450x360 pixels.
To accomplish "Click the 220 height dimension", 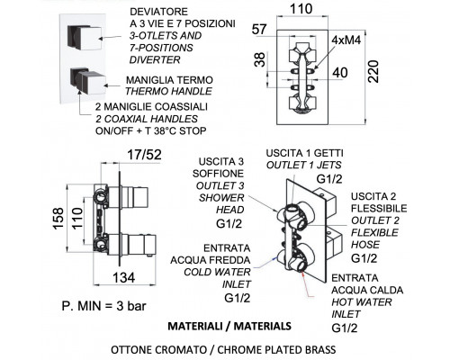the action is click(x=373, y=72).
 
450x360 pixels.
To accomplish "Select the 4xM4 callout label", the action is click(x=346, y=40).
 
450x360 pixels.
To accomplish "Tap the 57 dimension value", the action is click(x=259, y=30).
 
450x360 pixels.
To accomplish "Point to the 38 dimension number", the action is click(x=260, y=59).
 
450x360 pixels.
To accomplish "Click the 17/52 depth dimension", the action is click(x=144, y=155).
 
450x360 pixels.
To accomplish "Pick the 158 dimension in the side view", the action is click(x=58, y=219).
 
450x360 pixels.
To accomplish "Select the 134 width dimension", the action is click(x=124, y=277).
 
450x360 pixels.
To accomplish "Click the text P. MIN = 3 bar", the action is click(x=103, y=306).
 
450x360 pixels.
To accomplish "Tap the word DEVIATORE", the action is click(x=158, y=12).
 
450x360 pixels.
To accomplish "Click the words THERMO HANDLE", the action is click(x=168, y=91).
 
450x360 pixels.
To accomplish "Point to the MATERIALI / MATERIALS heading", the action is click(x=229, y=326).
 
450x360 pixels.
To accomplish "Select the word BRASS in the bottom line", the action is click(x=319, y=350).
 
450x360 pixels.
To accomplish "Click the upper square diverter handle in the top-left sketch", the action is click(x=85, y=38).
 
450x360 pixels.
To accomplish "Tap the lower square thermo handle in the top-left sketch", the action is click(x=88, y=80).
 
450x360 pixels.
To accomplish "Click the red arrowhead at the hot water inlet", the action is click(x=302, y=273).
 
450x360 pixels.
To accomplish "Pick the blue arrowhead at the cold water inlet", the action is click(x=274, y=257).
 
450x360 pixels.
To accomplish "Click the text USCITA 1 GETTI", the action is click(x=304, y=153).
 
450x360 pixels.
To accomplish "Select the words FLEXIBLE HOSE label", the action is click(x=374, y=238).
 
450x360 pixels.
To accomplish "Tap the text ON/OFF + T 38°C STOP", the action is click(x=151, y=131).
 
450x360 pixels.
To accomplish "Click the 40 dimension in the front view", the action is click(x=340, y=73).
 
